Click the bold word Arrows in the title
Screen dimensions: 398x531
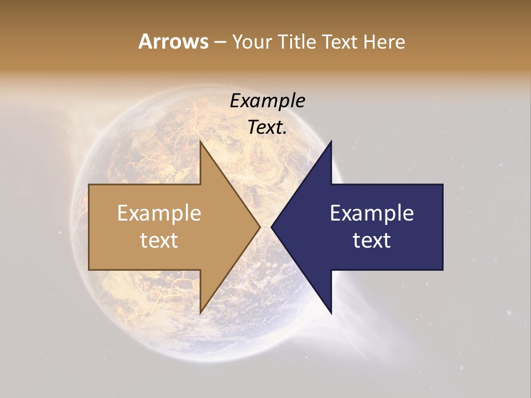(x=173, y=41)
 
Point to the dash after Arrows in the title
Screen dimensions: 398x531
(x=219, y=43)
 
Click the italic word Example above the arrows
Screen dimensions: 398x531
(x=268, y=101)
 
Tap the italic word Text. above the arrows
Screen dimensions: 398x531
(x=268, y=127)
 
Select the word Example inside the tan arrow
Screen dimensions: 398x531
(x=159, y=213)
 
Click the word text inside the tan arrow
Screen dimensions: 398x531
(x=159, y=240)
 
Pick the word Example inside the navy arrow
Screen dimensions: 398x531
(x=372, y=213)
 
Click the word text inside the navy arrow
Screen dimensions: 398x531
(x=372, y=240)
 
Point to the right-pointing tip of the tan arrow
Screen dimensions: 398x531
(x=260, y=227)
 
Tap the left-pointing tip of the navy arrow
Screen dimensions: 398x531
(x=272, y=227)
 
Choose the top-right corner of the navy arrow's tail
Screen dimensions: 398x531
(x=442, y=185)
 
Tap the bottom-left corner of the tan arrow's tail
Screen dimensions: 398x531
(x=89, y=270)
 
